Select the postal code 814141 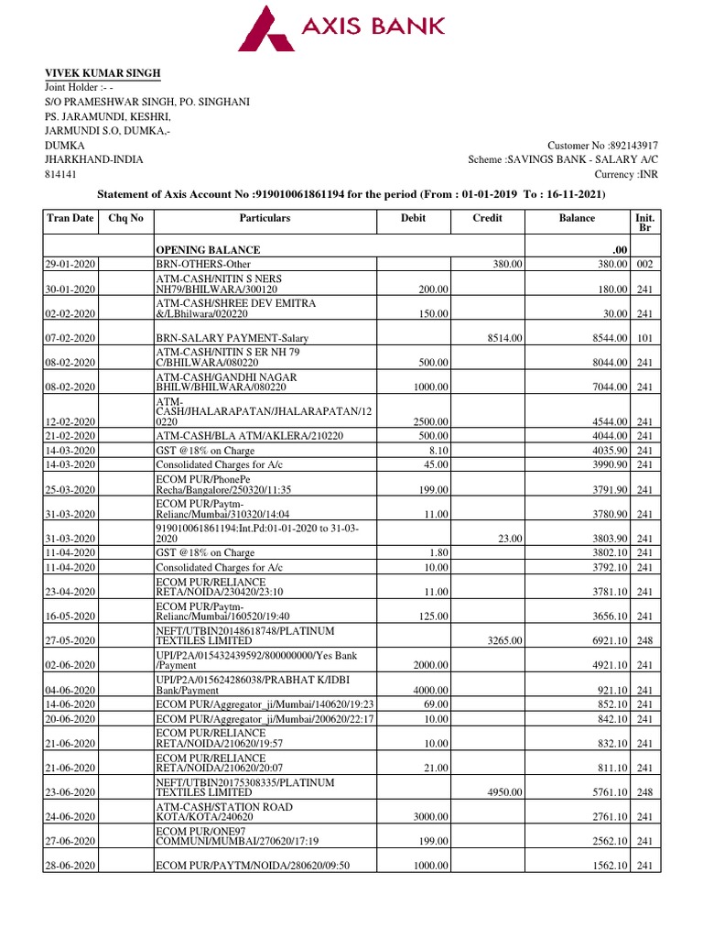point(61,173)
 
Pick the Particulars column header point(265,218)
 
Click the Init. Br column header point(644,224)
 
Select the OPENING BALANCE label point(208,250)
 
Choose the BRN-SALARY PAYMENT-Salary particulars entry point(233,338)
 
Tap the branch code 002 point(644,264)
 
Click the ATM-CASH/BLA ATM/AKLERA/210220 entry point(249,436)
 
